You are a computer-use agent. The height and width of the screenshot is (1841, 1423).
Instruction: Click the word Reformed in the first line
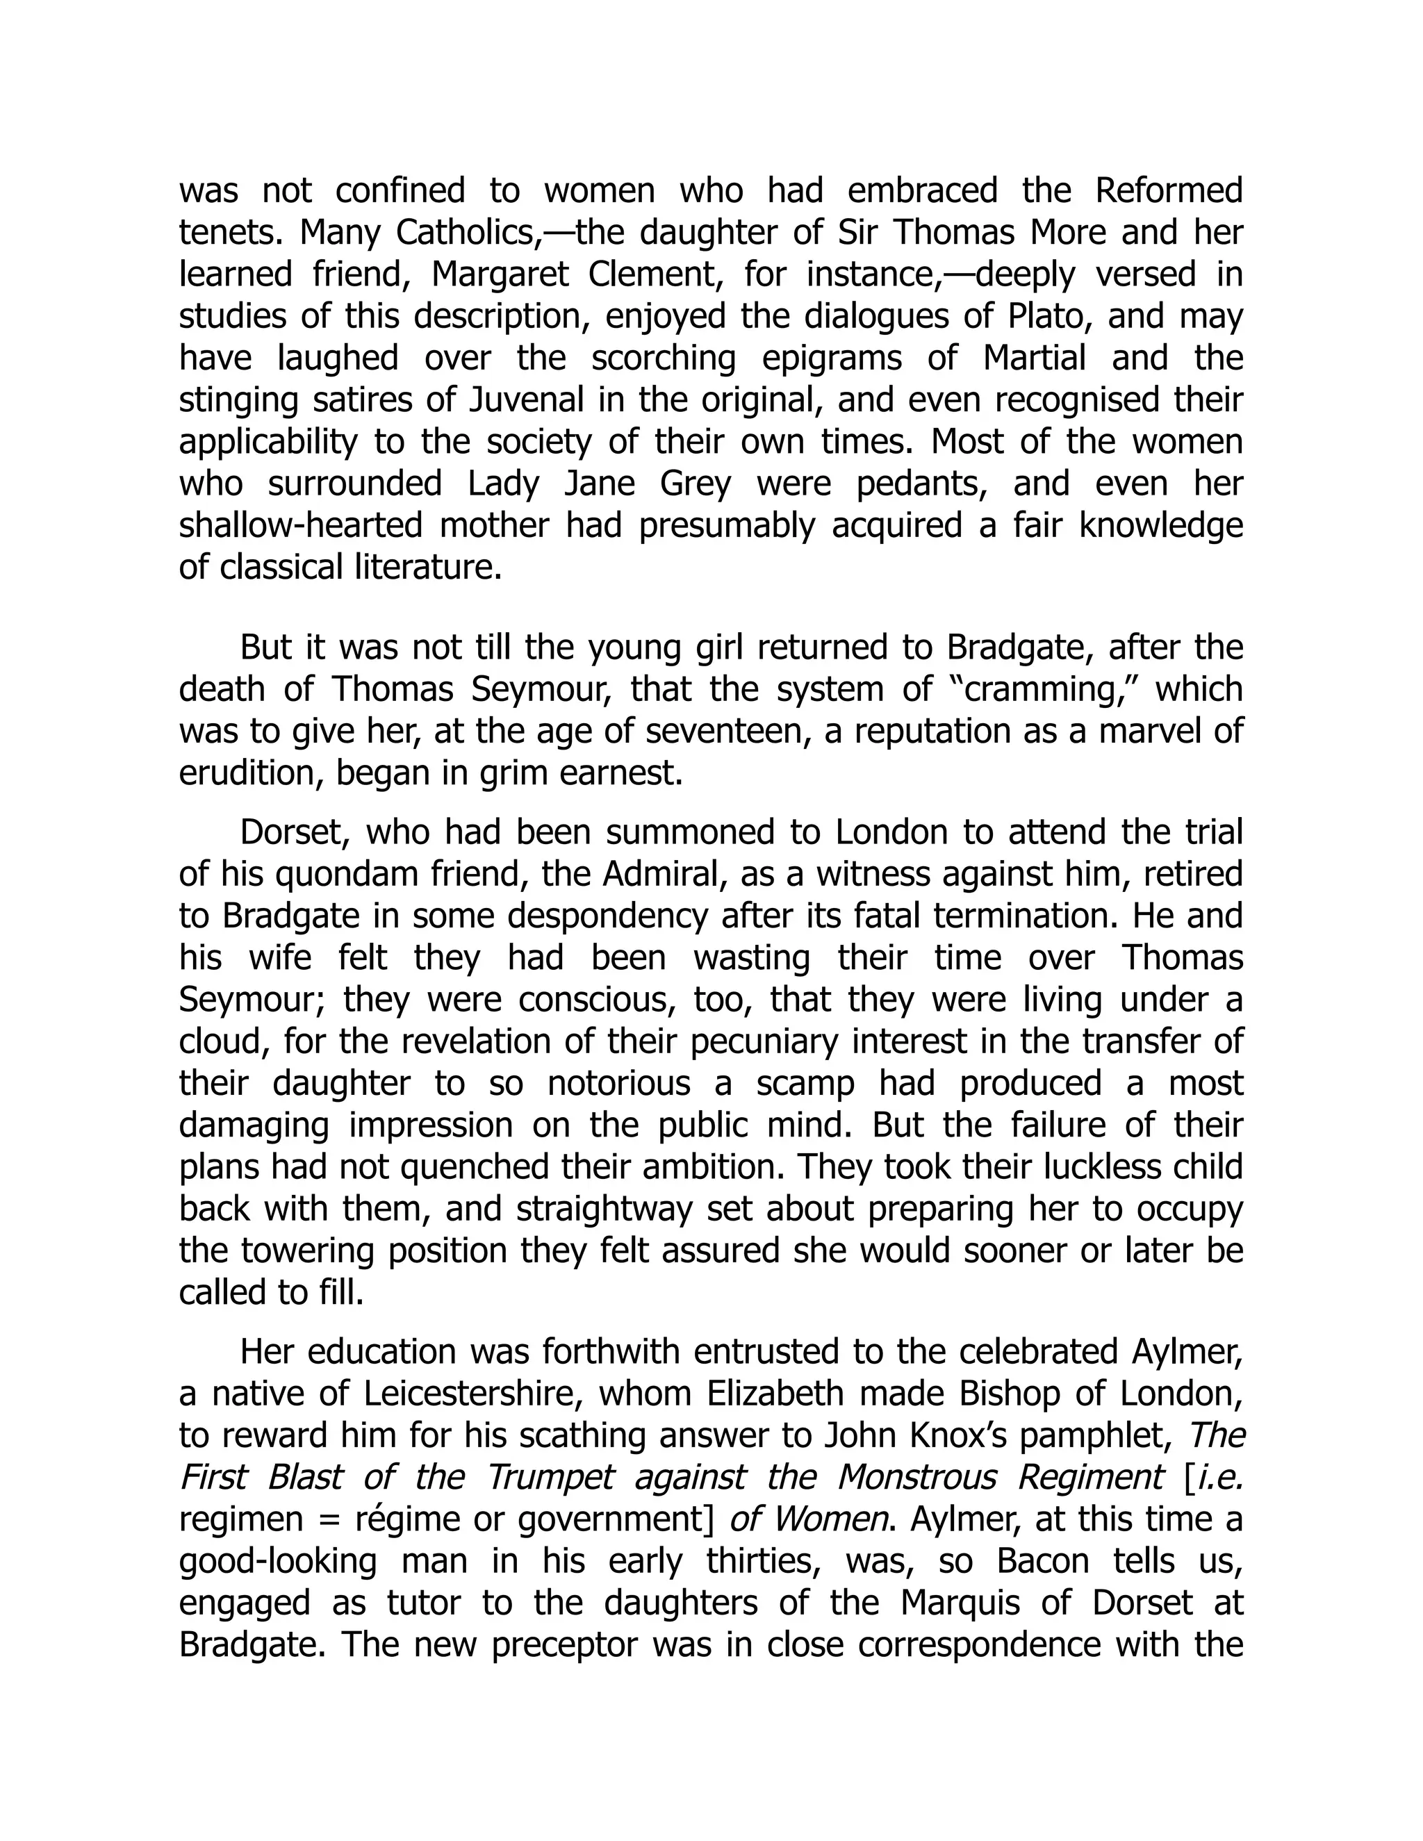(x=1169, y=190)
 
